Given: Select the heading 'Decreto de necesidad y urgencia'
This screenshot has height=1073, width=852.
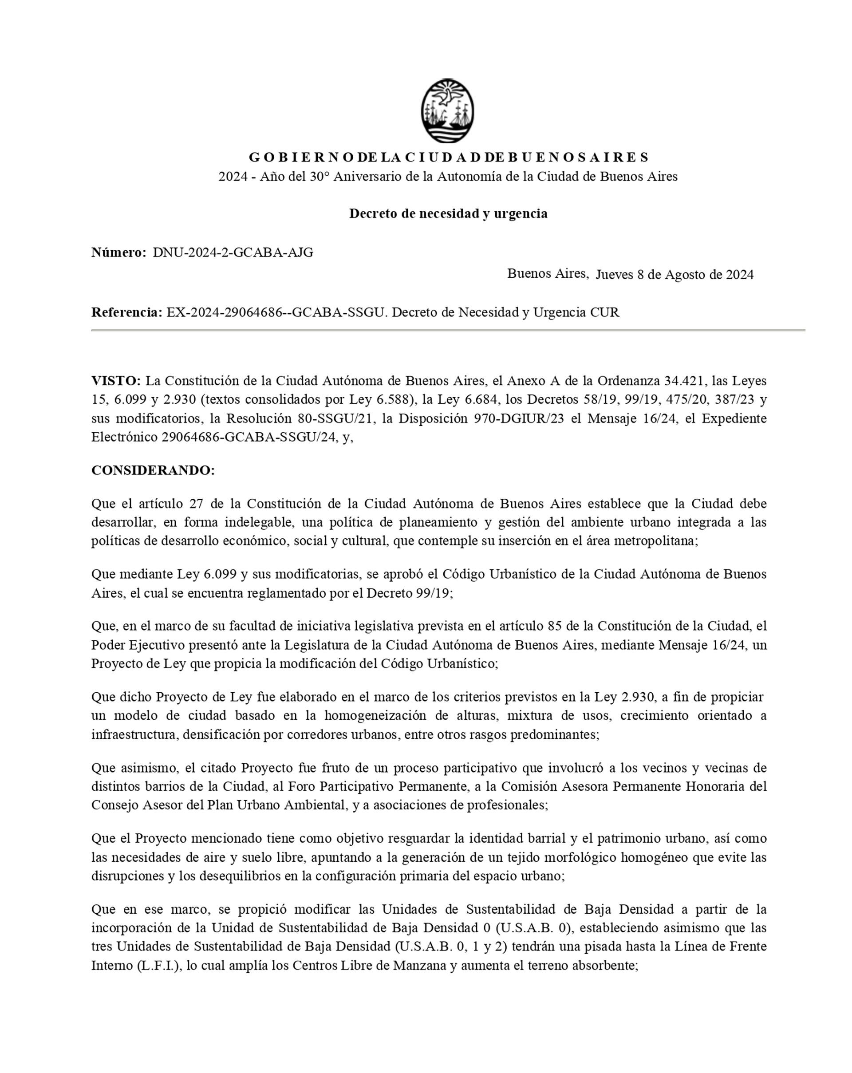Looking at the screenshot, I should pyautogui.click(x=448, y=213).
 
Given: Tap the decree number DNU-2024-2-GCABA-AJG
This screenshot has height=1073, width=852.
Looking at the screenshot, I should pyautogui.click(x=233, y=252).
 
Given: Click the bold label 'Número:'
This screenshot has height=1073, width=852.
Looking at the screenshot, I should pyautogui.click(x=118, y=252).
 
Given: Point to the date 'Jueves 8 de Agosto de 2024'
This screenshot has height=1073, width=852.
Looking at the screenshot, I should pyautogui.click(x=674, y=274).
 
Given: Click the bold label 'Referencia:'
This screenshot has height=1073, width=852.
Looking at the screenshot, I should pyautogui.click(x=127, y=312).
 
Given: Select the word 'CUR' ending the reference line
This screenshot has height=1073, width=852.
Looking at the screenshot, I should pyautogui.click(x=605, y=312).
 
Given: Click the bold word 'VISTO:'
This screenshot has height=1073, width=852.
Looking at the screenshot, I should pyautogui.click(x=116, y=381).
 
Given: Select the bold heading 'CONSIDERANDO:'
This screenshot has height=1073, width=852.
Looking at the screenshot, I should pyautogui.click(x=153, y=470).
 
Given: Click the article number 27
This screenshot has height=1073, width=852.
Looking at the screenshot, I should pyautogui.click(x=196, y=504).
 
